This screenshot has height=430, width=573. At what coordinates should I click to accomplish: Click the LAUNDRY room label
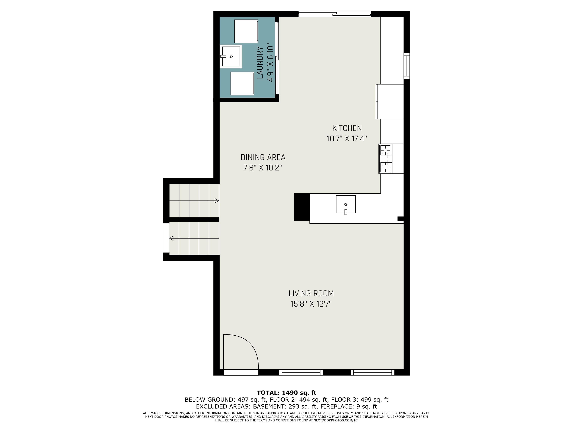coord(260,63)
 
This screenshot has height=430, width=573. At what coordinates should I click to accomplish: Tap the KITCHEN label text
coord(347,128)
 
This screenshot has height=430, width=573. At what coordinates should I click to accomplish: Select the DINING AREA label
coord(263,157)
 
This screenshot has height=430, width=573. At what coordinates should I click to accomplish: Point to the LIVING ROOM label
coord(311,293)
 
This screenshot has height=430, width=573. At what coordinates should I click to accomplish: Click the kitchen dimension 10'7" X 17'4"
coord(347,139)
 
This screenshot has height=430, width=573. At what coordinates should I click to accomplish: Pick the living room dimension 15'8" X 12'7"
coord(311,304)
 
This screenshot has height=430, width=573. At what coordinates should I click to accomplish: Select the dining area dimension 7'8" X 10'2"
coord(263,168)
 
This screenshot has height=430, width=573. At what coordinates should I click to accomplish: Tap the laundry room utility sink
coord(231,56)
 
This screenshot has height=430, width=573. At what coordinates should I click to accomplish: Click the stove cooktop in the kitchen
coord(386,159)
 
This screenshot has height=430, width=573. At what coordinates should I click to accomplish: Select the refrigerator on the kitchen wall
coord(390,102)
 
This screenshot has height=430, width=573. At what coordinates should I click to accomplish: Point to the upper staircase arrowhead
coord(217,201)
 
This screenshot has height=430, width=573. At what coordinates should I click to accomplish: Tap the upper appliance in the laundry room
coord(246,31)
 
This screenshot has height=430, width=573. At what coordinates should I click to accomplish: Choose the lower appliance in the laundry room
coord(242,83)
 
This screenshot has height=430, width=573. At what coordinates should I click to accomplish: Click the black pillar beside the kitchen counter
coord(302,207)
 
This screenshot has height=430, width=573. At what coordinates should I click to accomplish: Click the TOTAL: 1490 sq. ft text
coord(286,393)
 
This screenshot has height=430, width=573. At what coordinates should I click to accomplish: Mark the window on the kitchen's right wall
coord(407,66)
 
